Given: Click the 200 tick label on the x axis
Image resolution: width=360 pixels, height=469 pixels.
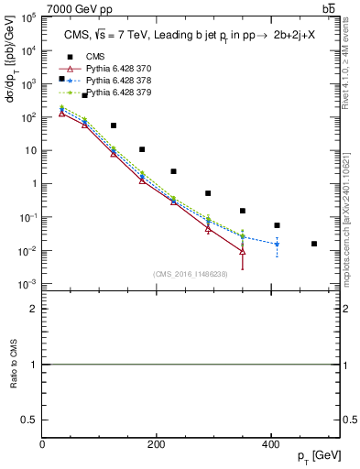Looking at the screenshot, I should click(156, 444).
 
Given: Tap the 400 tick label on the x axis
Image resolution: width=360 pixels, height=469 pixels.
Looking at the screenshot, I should click(270, 444).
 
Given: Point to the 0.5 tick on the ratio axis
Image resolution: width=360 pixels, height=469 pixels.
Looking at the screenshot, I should click(30, 419).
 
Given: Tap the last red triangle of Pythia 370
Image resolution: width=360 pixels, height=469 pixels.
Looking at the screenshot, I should click(243, 251).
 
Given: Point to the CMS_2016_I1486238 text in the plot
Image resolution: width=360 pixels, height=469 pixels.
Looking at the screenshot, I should click(191, 274).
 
